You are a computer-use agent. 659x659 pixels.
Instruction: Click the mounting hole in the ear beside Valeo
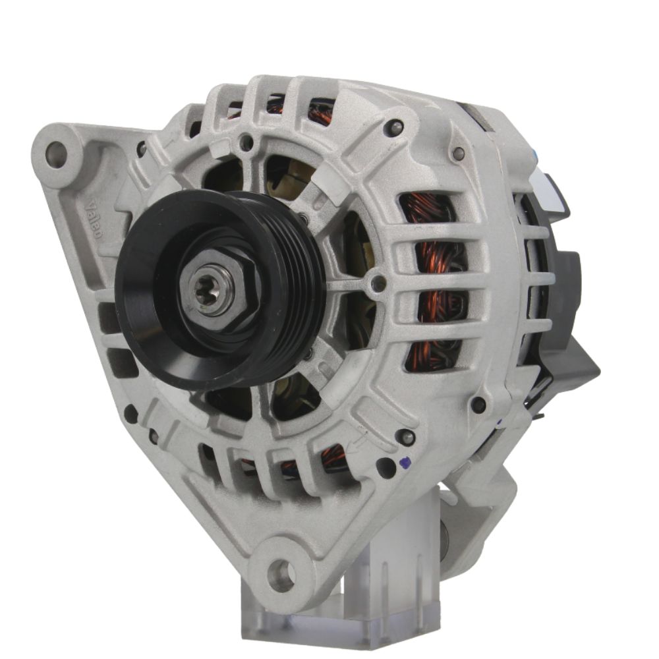click(55, 154)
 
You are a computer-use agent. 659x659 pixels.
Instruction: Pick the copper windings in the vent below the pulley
click(329, 458)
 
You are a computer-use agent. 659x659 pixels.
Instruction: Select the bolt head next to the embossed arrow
click(407, 436)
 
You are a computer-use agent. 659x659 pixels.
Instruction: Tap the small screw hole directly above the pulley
click(247, 141)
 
